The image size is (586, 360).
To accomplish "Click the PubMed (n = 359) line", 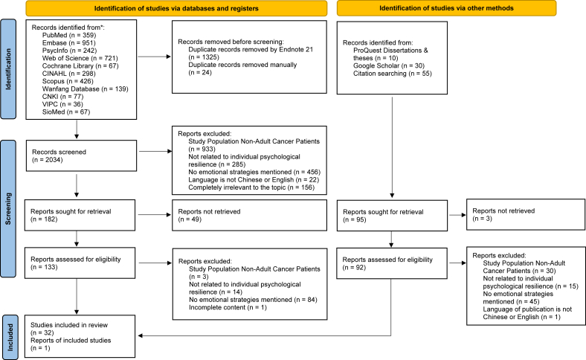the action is [69, 35].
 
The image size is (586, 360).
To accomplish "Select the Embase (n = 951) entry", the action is [68, 43].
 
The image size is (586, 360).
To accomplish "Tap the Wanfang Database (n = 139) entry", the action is [86, 89].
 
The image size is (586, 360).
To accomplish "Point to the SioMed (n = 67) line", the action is [66, 112].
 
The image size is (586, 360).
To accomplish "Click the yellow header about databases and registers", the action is [176, 8].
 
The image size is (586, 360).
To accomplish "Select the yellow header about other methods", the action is [447, 8].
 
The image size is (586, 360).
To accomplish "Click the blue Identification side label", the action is [8, 69].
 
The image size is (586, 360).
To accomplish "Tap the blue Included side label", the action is [10, 337].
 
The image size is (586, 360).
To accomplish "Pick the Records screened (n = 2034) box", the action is [82, 156].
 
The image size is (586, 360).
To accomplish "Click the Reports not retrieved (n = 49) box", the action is [249, 215].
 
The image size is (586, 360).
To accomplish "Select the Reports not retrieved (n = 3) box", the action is [526, 214].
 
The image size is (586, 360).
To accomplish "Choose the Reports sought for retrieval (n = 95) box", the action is [392, 216].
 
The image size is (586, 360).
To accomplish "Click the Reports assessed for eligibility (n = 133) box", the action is [80, 263].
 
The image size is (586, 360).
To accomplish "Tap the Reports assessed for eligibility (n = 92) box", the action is [392, 263].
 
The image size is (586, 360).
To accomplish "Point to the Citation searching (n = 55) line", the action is [393, 74].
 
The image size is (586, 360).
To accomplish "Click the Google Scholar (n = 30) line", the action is [389, 65].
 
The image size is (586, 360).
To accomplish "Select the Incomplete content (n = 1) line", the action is [228, 308].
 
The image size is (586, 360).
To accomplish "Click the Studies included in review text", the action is [69, 325].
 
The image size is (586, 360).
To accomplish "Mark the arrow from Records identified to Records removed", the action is [155, 57].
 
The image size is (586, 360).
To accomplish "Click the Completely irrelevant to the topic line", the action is [251, 187].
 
